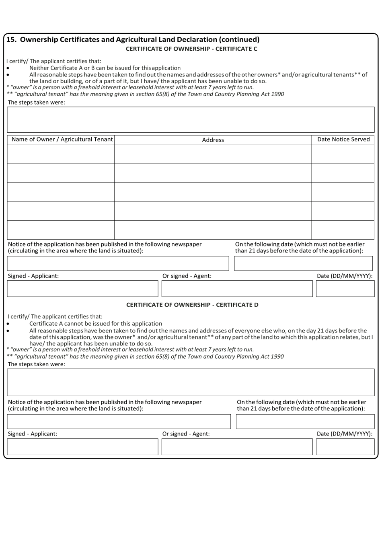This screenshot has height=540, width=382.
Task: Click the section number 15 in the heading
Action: click(11, 39)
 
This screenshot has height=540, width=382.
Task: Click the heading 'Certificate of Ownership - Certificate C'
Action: click(191, 49)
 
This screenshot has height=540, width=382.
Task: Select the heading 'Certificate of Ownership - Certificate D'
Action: click(192, 305)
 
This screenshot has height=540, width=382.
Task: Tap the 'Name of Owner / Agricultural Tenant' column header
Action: click(62, 140)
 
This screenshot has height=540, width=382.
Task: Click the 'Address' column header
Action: click(213, 140)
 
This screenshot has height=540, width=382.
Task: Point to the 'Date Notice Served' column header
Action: click(343, 140)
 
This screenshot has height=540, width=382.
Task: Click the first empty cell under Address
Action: click(213, 154)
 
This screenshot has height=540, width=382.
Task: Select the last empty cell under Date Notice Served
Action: click(343, 230)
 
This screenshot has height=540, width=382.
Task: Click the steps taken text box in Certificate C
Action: click(191, 120)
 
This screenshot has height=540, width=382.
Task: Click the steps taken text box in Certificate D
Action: click(191, 382)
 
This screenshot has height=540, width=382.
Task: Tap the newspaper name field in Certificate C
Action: click(118, 263)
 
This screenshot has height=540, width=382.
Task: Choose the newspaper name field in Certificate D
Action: click(119, 421)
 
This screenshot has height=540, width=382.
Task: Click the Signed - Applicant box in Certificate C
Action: click(82, 289)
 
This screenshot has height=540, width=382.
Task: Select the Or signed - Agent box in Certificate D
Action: click(237, 447)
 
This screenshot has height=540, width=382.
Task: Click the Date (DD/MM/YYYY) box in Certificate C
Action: click(345, 289)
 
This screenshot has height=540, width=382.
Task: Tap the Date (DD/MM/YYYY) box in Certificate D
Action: click(345, 447)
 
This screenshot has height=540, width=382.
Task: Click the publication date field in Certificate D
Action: click(305, 421)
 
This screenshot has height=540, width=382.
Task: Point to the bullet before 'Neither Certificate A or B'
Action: click(8, 68)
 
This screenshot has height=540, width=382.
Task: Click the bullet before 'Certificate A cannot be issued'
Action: click(8, 324)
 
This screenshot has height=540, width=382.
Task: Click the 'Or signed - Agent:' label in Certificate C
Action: click(187, 276)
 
